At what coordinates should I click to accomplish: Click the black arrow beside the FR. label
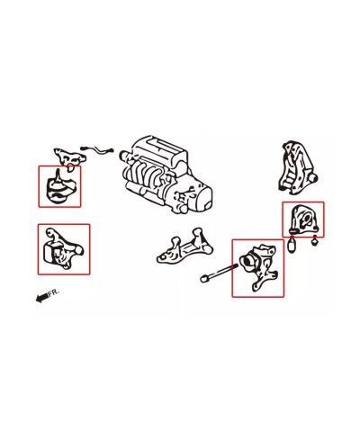[41, 298]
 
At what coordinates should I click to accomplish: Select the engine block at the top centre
[166, 174]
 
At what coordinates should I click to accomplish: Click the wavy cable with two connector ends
[97, 149]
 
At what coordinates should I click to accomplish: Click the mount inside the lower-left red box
[63, 249]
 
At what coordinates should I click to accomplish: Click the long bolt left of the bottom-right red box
[218, 273]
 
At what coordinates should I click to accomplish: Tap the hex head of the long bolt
[203, 279]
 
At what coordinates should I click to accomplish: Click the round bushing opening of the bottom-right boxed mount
[247, 262]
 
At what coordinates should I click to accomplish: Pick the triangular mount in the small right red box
[302, 219]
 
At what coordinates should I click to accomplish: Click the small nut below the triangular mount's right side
[314, 241]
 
